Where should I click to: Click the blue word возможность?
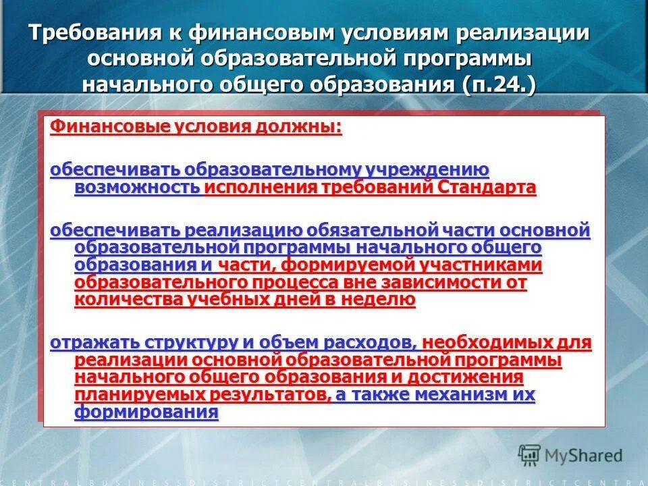coord(137,187)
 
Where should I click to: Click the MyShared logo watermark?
coord(570,456)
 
